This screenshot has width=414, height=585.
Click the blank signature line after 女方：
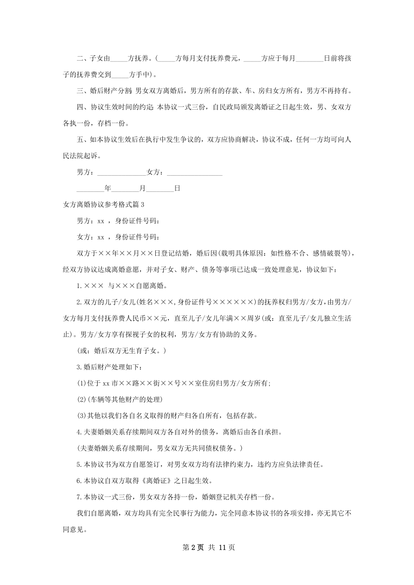pos(194,173)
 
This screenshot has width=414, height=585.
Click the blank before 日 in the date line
pos(160,189)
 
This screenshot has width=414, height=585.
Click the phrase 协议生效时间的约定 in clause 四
pos(122,107)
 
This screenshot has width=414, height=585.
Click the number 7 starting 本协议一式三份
pos(79,497)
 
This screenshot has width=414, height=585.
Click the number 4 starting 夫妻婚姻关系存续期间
pos(79,432)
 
